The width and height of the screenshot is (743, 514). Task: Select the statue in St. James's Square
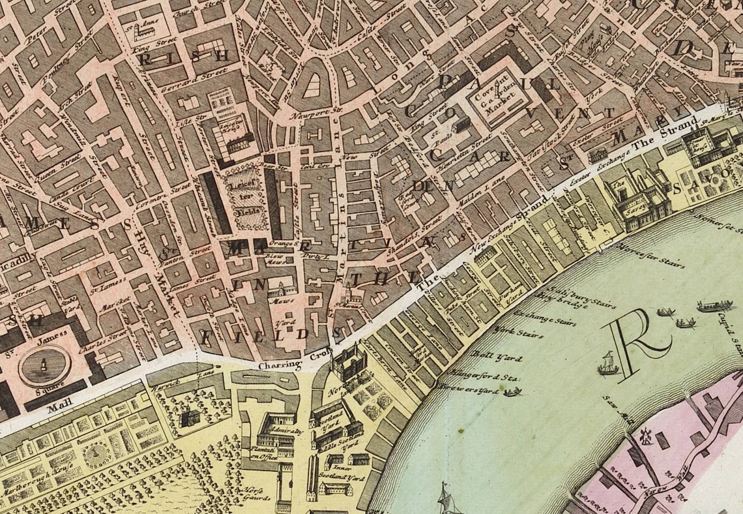point(44,364)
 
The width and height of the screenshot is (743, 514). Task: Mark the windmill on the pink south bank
point(646,436)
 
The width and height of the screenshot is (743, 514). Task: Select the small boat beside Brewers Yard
point(513,391)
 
